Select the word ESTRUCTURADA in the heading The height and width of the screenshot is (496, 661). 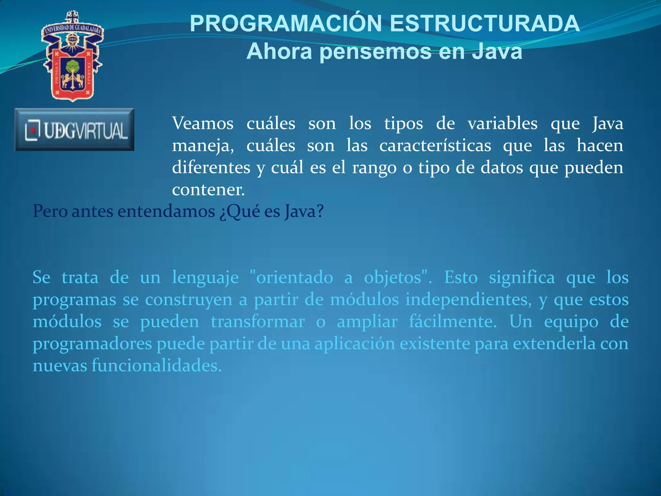coord(485,24)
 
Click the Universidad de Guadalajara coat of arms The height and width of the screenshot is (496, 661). coord(73,57)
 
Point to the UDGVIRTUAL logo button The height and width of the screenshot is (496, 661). coord(74,130)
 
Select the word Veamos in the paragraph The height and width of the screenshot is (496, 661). coord(203,124)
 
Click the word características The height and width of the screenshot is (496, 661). coord(435,146)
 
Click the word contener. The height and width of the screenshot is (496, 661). coord(208,190)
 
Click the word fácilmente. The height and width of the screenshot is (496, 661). coord(453,322)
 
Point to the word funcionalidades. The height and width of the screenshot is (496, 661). coord(157,366)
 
